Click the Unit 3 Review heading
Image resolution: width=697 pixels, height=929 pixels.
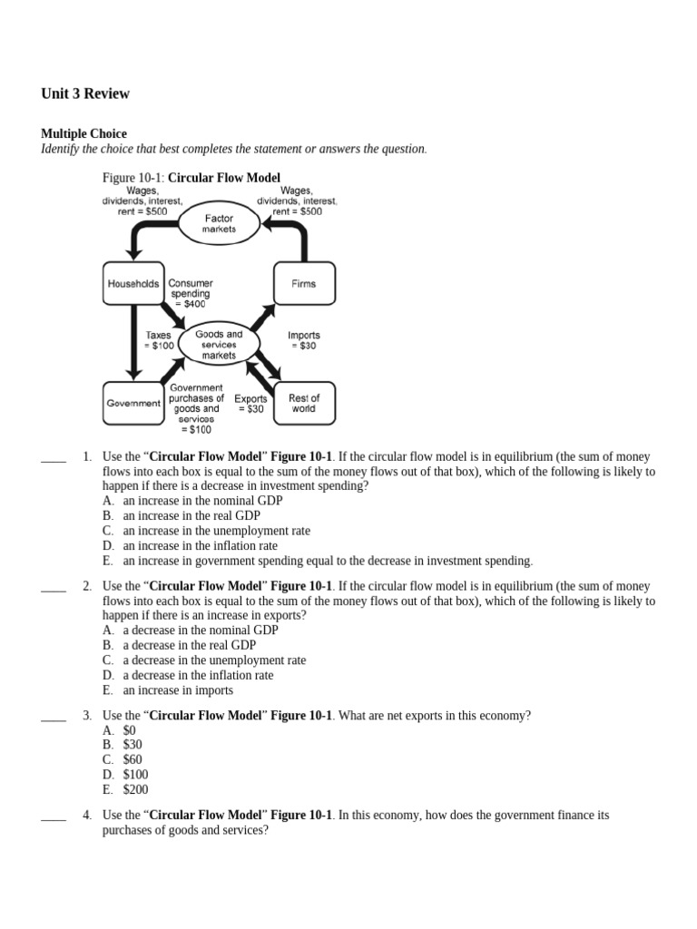85,93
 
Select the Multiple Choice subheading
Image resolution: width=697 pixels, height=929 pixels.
83,134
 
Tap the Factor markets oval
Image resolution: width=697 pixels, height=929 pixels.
220,223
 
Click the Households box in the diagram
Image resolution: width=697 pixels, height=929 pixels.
133,284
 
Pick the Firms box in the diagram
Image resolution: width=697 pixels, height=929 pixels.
304,284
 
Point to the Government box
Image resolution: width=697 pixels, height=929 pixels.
133,403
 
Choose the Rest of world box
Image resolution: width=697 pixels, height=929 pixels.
304,403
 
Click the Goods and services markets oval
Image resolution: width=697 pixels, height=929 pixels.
219,345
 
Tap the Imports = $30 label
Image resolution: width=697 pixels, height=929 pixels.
304,340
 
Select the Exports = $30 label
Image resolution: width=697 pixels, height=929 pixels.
250,404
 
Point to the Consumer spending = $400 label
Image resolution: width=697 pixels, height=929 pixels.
191,294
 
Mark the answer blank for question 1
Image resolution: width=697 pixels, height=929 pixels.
54,458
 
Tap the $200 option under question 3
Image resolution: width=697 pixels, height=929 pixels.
135,790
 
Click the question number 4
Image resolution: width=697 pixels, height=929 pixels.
86,816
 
